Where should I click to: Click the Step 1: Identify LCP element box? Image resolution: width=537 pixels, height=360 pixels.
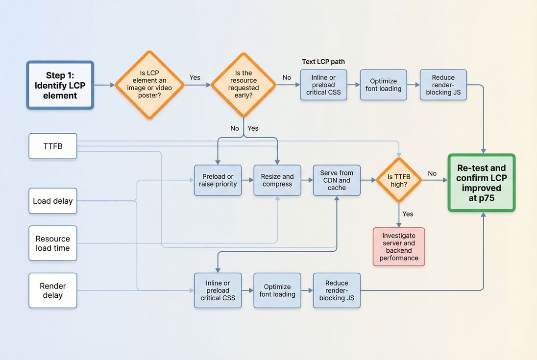60,85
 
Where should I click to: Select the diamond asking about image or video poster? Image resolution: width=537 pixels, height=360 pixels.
149,85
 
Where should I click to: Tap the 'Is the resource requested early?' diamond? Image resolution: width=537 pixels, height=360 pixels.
244,85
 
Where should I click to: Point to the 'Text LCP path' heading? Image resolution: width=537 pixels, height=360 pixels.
323,62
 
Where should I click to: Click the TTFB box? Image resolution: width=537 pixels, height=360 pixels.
53,146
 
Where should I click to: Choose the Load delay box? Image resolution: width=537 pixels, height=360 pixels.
53,201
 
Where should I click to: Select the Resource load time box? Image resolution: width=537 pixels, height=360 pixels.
53,243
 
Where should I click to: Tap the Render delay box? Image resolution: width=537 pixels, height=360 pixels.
53,290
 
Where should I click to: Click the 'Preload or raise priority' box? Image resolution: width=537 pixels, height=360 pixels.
218,180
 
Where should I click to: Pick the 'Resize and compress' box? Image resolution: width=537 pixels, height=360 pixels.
277,180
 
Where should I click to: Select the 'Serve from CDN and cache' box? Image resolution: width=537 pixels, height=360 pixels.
337,180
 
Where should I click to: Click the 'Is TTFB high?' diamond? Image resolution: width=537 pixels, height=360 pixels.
399,180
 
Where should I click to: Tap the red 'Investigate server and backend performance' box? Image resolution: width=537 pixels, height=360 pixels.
399,246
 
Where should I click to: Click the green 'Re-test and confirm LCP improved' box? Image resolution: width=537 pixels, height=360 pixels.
482,183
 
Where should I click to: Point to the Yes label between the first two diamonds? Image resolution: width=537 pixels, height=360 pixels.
195,77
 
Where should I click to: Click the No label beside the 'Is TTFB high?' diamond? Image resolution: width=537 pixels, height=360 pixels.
432,173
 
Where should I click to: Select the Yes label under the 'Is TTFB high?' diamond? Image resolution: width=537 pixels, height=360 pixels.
408,214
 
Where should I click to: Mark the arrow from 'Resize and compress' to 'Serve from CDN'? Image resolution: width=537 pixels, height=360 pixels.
307,180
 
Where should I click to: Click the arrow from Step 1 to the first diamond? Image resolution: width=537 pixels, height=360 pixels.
104,85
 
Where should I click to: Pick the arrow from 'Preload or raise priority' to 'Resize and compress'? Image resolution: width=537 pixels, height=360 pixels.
247,180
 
